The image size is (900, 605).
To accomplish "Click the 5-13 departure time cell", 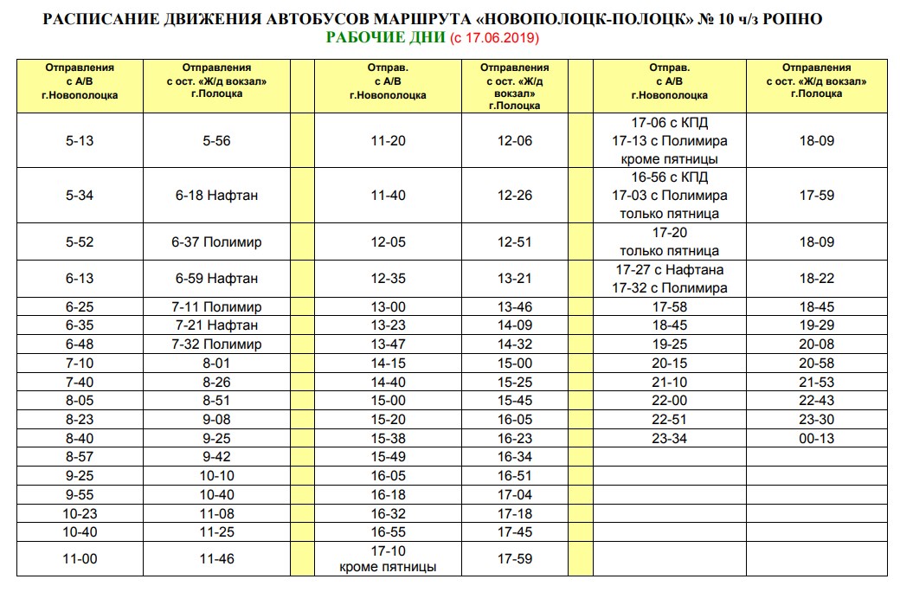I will [80, 140].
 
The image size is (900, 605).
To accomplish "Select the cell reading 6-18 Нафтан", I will [216, 196].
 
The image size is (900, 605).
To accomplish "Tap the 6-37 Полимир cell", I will [216, 242].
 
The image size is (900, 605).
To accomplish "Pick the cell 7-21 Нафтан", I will [216, 325].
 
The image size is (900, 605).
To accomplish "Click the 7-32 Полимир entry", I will [216, 344].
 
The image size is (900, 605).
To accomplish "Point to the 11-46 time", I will [216, 559].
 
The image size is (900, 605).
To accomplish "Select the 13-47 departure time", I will [388, 344].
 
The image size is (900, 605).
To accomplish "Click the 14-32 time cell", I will [515, 344].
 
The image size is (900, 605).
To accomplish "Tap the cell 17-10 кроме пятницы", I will [388, 559].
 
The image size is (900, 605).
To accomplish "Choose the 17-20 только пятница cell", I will [669, 241].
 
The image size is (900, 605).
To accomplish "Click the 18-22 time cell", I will [817, 279].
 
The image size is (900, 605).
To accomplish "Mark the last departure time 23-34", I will [669, 439].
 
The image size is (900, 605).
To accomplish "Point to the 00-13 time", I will [817, 439].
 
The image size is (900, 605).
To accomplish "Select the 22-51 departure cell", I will [669, 420].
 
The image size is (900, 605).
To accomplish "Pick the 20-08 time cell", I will [817, 344].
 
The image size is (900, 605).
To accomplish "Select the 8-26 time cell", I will [216, 382].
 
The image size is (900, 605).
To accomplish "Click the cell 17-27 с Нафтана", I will [669, 270].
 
